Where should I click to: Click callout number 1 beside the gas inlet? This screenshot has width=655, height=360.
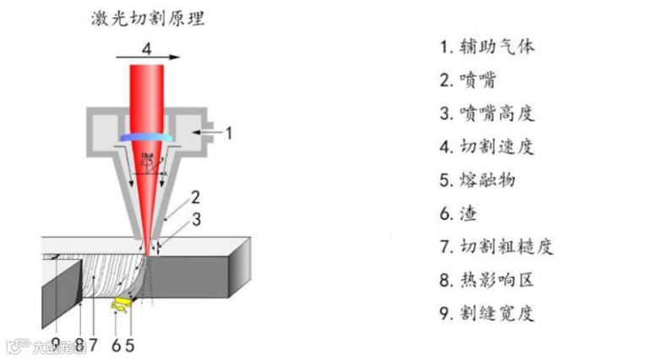227,132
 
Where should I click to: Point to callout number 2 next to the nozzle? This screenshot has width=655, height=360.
195,199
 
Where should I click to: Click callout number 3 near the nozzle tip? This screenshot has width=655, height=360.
195,221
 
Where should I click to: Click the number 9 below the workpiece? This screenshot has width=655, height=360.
55,343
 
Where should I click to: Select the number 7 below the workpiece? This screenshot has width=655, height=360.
94,343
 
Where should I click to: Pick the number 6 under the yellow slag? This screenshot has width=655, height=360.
116,343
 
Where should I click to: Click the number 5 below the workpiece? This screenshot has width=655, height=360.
129,343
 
